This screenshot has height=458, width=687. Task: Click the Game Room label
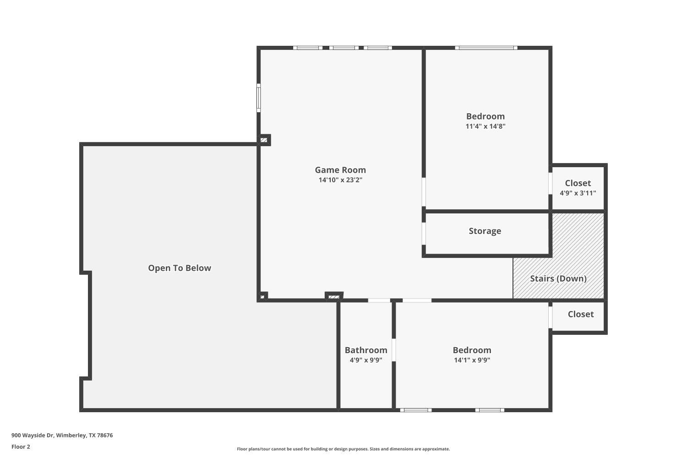(340, 170)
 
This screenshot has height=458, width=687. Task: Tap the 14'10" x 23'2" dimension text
(340, 180)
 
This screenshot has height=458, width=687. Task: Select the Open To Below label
(180, 268)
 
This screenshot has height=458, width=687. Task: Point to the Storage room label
(485, 231)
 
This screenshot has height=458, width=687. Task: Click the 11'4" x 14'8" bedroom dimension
(485, 126)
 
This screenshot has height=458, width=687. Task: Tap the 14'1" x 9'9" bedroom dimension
(472, 360)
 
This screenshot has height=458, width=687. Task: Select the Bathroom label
(366, 350)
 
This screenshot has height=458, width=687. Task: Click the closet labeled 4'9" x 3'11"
(578, 188)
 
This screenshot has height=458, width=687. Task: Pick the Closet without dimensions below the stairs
(580, 314)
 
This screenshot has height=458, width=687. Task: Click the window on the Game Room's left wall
(259, 98)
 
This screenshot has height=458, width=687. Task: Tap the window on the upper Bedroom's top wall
(486, 48)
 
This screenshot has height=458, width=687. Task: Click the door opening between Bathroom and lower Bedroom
(394, 350)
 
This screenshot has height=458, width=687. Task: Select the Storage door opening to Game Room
(424, 234)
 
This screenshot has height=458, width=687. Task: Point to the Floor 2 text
(21, 447)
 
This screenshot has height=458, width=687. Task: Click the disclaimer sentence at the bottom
(343, 449)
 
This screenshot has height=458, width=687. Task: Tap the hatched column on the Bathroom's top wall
(334, 297)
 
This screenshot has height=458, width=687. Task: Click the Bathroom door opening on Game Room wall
(379, 300)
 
